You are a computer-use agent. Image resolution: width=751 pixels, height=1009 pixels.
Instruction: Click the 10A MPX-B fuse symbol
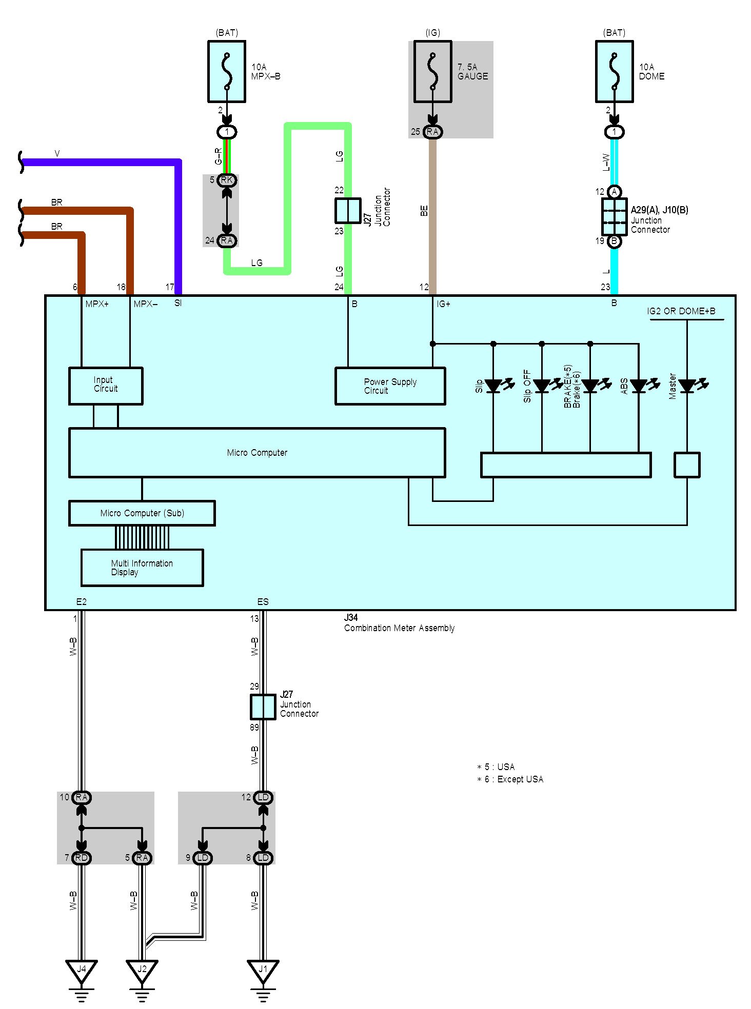tap(227, 72)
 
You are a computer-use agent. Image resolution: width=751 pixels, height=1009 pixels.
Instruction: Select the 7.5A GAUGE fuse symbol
tap(433, 72)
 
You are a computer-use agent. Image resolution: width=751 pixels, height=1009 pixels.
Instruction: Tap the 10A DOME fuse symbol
tap(614, 72)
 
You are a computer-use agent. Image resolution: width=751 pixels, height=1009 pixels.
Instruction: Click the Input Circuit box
tap(106, 386)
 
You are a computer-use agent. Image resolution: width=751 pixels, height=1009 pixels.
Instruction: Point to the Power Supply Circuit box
tap(390, 386)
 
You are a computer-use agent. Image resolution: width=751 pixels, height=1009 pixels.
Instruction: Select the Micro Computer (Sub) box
tap(142, 513)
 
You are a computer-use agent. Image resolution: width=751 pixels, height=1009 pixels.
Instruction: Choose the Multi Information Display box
tap(142, 568)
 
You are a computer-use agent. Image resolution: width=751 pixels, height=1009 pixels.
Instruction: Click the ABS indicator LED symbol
tap(639, 386)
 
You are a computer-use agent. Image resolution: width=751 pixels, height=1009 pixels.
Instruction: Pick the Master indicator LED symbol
tap(687, 386)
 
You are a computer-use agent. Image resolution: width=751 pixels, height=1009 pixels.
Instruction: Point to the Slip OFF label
tap(527, 386)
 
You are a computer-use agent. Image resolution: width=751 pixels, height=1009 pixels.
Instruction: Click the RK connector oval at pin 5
tap(227, 180)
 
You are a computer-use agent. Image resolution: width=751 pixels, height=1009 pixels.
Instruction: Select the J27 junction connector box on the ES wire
tap(263, 707)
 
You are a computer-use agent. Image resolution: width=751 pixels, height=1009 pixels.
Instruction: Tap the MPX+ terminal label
tap(97, 304)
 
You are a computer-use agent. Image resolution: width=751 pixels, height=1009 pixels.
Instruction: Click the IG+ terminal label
tap(443, 304)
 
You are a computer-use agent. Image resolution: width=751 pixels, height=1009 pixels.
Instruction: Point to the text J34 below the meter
tap(351, 618)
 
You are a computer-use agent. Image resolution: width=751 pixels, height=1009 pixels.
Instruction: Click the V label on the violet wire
tap(57, 154)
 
